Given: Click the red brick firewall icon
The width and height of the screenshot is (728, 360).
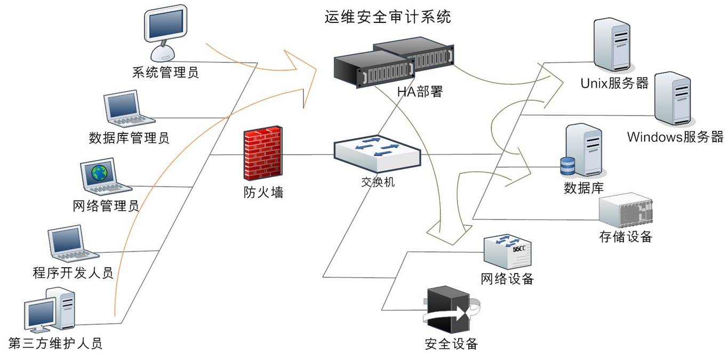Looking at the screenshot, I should (x=262, y=155).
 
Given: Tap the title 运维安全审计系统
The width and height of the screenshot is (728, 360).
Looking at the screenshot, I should (x=388, y=17).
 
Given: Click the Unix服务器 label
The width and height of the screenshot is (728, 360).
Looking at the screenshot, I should (x=614, y=83).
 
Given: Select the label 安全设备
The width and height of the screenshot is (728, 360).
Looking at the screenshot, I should (x=451, y=343).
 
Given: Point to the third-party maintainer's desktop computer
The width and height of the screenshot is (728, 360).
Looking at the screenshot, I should (x=50, y=310).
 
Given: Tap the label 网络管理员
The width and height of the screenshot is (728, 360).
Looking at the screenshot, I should (x=106, y=205).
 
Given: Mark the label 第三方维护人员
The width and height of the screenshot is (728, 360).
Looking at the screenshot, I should (x=55, y=343).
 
